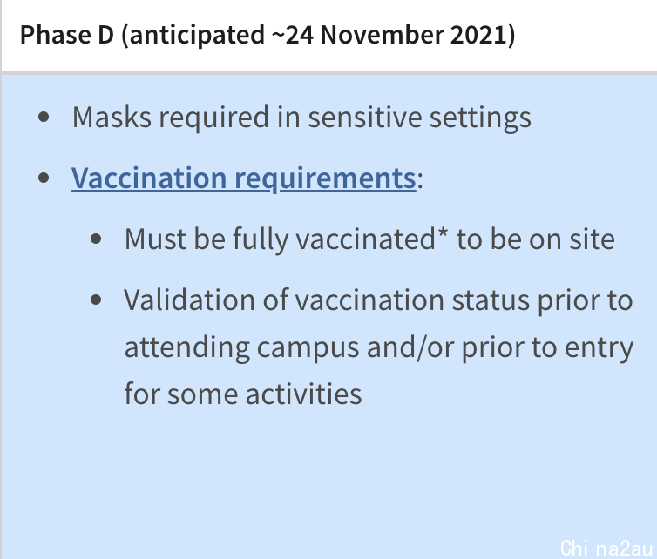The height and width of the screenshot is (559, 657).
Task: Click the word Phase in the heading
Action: tap(55, 34)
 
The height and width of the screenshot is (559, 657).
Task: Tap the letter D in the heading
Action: tap(105, 34)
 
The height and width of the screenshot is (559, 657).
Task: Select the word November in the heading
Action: tap(382, 34)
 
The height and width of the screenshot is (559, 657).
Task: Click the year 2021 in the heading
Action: tap(478, 34)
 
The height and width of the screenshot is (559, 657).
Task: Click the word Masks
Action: tap(112, 118)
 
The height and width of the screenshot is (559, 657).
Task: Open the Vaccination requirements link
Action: tap(244, 178)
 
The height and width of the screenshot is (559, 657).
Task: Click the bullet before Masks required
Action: tap(44, 118)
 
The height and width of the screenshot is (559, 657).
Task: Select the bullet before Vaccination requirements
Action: tap(44, 178)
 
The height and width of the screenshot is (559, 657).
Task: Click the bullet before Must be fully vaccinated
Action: tap(96, 239)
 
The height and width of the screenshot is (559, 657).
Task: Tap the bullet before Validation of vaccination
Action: tap(96, 300)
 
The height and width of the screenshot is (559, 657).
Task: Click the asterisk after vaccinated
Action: tap(443, 232)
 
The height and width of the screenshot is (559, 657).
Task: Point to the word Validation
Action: tap(189, 300)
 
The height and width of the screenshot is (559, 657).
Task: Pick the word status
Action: tap(491, 300)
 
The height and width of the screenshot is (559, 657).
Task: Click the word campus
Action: tap(308, 348)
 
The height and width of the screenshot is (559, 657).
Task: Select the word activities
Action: tap(304, 394)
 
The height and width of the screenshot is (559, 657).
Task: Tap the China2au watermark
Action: tap(606, 548)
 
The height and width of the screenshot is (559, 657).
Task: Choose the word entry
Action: tap(599, 348)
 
